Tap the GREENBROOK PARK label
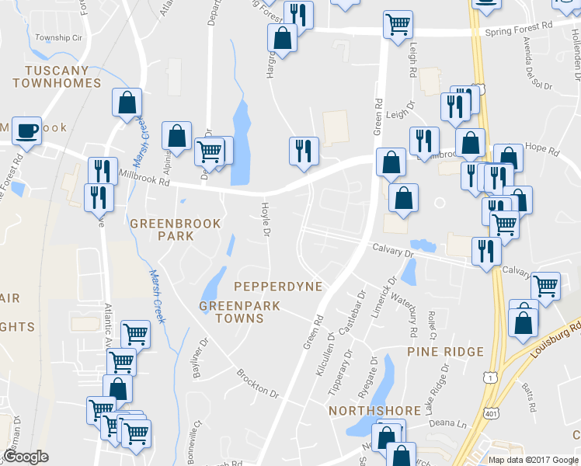click(x=176, y=229)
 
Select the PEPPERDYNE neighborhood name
click(x=277, y=287)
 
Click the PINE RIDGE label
click(x=440, y=352)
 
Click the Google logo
click(x=26, y=457)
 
